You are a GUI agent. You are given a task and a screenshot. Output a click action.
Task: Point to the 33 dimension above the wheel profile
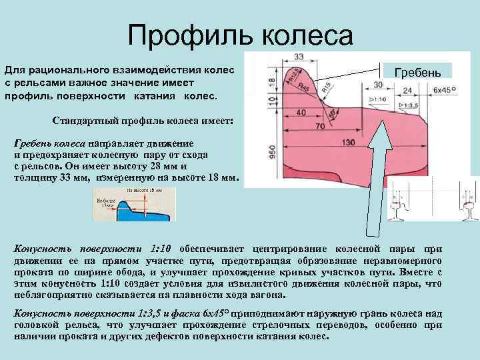coord(298,56)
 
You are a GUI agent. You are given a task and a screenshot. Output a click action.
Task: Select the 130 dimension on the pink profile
coord(347,143)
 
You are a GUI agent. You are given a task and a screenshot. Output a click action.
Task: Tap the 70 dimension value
coord(319,127)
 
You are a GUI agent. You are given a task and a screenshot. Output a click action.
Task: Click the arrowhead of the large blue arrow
coord(384,127)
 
